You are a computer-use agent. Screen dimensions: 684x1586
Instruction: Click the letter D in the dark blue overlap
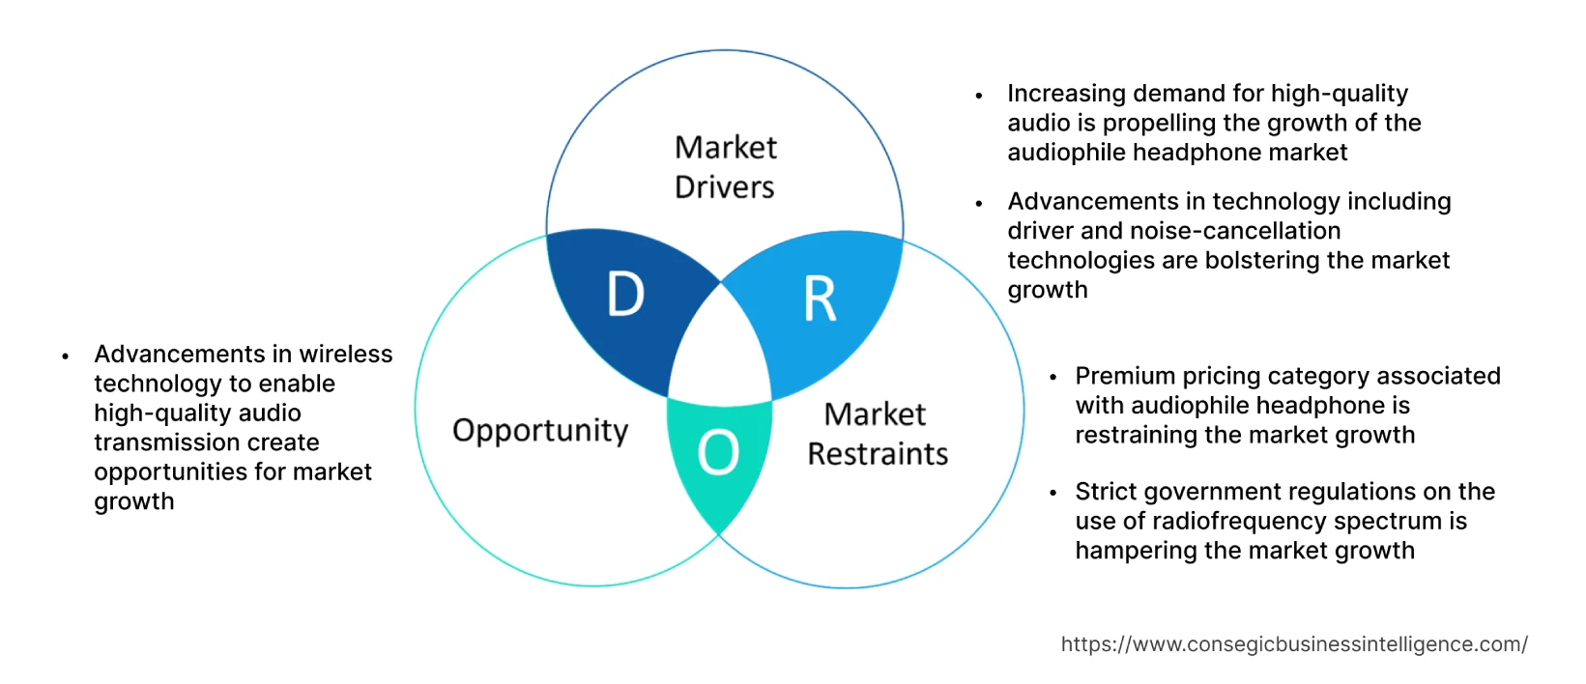[x=625, y=294]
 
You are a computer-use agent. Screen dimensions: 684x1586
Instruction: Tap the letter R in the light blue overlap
[x=820, y=299]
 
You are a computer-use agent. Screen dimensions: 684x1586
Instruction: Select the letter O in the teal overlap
[x=718, y=452]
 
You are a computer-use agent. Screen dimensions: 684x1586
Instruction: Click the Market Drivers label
[x=725, y=166]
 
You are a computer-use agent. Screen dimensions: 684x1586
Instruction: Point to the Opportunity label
[x=540, y=430]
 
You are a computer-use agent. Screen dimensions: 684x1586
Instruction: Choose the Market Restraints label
[x=877, y=434]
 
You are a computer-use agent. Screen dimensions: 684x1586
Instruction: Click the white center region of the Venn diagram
[x=720, y=348]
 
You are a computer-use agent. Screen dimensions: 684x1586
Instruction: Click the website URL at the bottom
[x=1294, y=644]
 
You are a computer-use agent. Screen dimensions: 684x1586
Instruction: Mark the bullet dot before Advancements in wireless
[x=65, y=356]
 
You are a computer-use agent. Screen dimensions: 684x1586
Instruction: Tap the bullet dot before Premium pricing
[x=1053, y=378]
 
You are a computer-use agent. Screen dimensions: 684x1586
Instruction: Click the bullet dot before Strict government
[x=1053, y=494]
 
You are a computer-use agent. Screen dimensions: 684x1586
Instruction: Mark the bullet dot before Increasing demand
[x=979, y=96]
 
